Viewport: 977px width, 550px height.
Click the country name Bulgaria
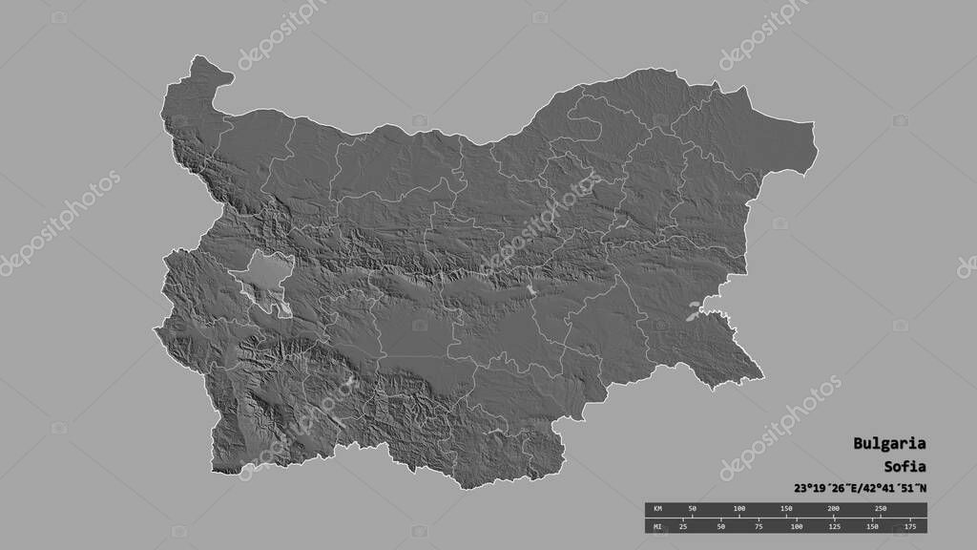pyautogui.click(x=888, y=444)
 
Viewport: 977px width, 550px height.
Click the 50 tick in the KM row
pyautogui.click(x=693, y=509)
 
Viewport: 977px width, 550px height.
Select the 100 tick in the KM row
pyautogui.click(x=739, y=509)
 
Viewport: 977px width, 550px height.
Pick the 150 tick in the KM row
pyautogui.click(x=786, y=509)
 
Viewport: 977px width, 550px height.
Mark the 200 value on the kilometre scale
pyautogui.click(x=833, y=509)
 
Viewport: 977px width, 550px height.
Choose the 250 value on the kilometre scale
pyautogui.click(x=880, y=509)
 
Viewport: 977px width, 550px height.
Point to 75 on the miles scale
pyautogui.click(x=759, y=525)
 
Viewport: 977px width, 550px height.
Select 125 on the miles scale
pyautogui.click(x=835, y=525)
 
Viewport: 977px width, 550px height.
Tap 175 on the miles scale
pyautogui.click(x=909, y=525)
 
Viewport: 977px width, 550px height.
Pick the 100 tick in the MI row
pyautogui.click(x=797, y=525)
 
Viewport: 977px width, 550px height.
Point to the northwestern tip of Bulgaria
pyautogui.click(x=201, y=59)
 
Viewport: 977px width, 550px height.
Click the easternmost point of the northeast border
pyautogui.click(x=814, y=124)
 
